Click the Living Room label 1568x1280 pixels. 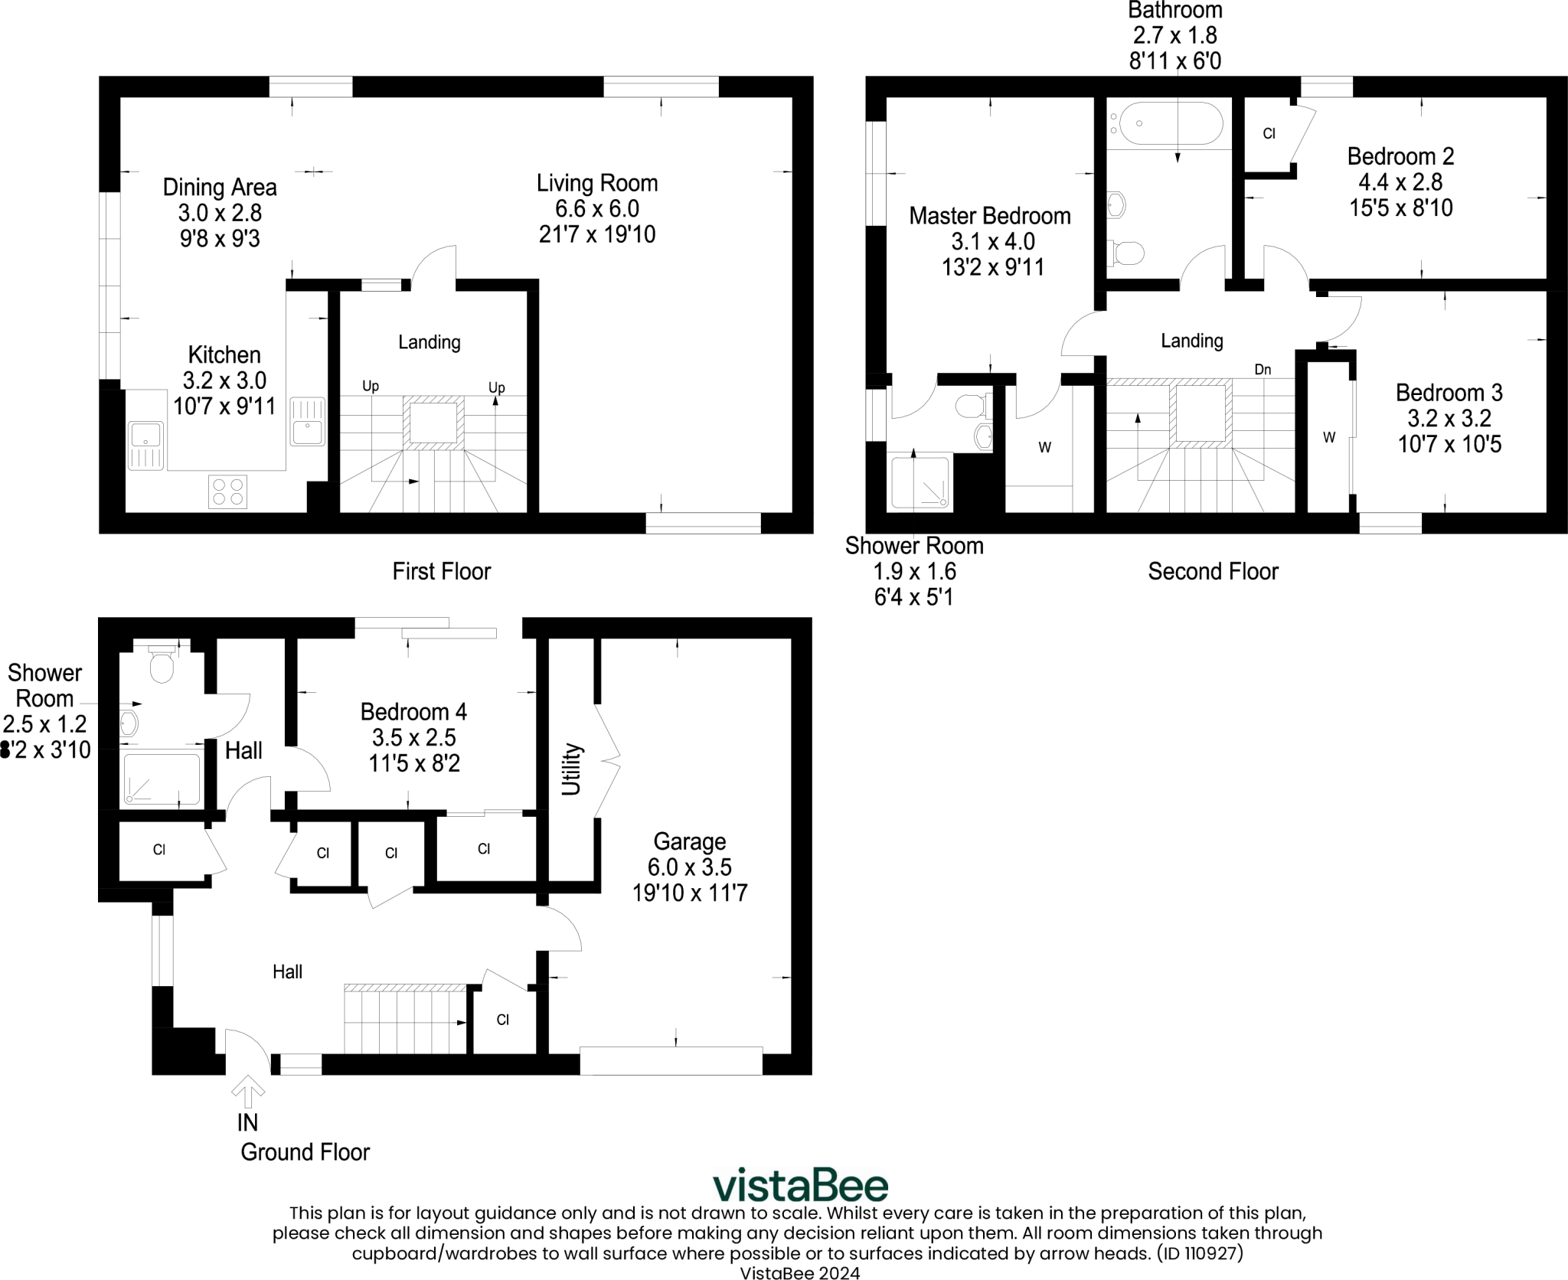tap(597, 184)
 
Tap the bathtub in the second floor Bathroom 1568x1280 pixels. tap(1171, 124)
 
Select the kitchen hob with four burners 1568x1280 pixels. tap(228, 491)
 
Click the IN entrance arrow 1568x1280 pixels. tap(247, 1092)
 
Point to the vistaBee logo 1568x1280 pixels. tap(800, 1186)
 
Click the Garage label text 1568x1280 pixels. tap(690, 842)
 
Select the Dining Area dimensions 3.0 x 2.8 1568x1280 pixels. tap(220, 213)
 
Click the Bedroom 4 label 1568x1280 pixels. tap(413, 712)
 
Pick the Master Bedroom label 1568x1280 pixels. tap(990, 216)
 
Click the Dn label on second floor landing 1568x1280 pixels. tap(1263, 370)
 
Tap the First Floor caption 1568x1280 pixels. tap(442, 571)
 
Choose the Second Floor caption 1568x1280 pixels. tap(1213, 571)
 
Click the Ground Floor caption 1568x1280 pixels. tap(305, 1152)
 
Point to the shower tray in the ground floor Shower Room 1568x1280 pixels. tap(162, 779)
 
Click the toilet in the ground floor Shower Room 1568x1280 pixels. tap(162, 664)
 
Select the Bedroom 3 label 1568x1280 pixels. tap(1449, 393)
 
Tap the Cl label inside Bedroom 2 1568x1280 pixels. tap(1269, 134)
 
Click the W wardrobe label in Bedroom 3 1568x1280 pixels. tap(1329, 438)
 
